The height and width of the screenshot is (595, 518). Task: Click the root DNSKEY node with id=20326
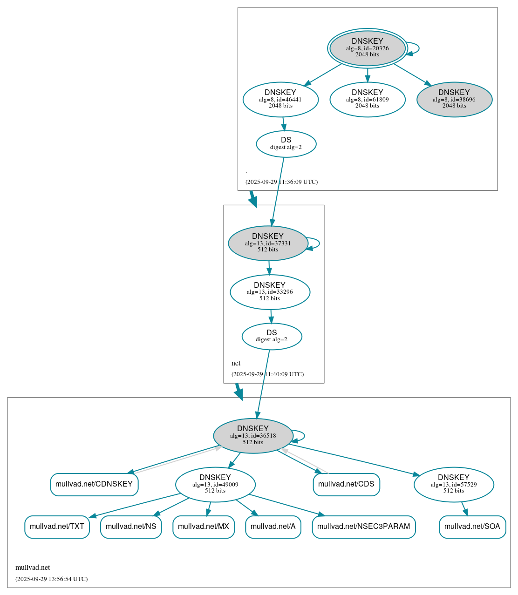(x=367, y=48)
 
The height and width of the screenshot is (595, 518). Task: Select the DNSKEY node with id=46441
(x=280, y=99)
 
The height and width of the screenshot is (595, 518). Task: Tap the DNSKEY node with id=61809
(x=367, y=99)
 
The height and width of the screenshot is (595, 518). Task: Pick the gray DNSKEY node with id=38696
(x=454, y=99)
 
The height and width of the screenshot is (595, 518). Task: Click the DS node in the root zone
(x=286, y=144)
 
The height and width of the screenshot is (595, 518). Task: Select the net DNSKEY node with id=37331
(x=268, y=243)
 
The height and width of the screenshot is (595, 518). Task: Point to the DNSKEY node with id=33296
(x=270, y=292)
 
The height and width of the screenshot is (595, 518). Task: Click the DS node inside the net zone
(x=272, y=336)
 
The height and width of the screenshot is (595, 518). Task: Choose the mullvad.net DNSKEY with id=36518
(x=253, y=436)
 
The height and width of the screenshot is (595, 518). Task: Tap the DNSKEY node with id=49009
(x=215, y=485)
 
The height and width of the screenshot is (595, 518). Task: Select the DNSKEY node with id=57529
(x=454, y=485)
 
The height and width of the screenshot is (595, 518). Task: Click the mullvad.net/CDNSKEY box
(x=94, y=484)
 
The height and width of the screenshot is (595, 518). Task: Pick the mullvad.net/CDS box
(x=346, y=484)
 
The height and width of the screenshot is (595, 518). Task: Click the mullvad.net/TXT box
(x=57, y=527)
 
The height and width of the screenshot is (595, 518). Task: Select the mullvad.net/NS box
(x=131, y=527)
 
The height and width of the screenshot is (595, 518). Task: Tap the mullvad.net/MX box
(x=204, y=527)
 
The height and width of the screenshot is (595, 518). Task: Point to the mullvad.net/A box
(x=273, y=527)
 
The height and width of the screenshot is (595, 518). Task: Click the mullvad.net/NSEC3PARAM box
(x=363, y=527)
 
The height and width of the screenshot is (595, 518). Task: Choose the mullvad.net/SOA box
(x=472, y=527)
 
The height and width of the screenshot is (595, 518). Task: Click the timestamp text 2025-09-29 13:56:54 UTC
(x=51, y=579)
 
